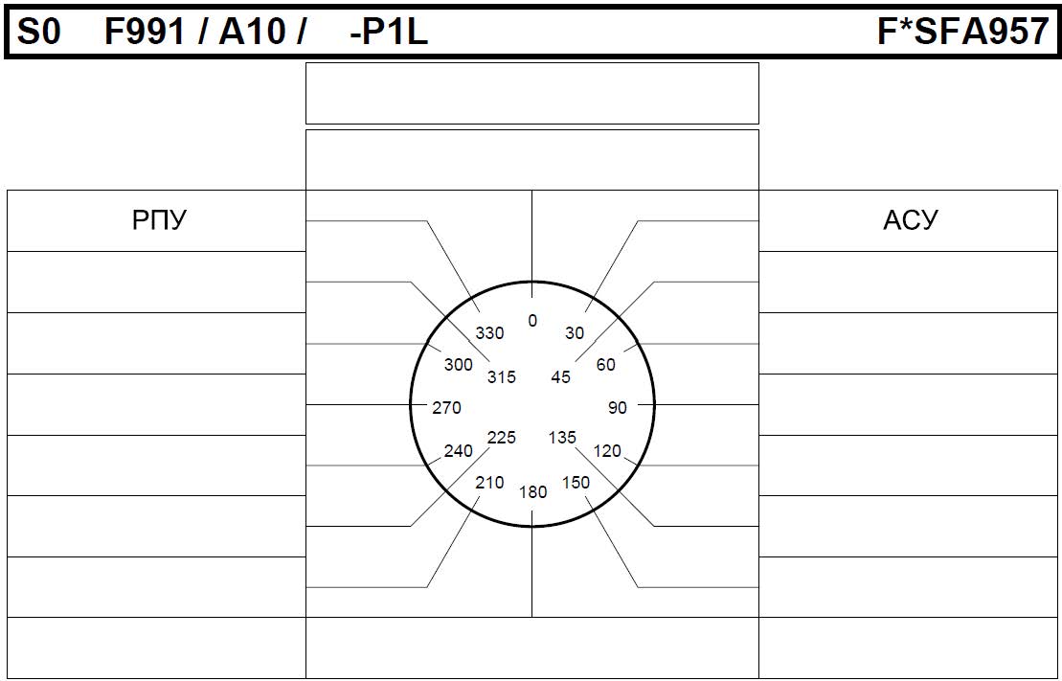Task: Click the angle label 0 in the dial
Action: tap(532, 321)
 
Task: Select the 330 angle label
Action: tap(489, 332)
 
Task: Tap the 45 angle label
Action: tap(561, 376)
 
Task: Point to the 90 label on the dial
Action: tap(618, 407)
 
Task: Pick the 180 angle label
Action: tap(533, 492)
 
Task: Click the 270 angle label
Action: tap(446, 407)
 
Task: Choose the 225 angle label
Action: tap(502, 438)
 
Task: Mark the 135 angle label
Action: tap(562, 438)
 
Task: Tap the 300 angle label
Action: tap(459, 365)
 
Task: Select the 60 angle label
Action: tap(606, 365)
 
